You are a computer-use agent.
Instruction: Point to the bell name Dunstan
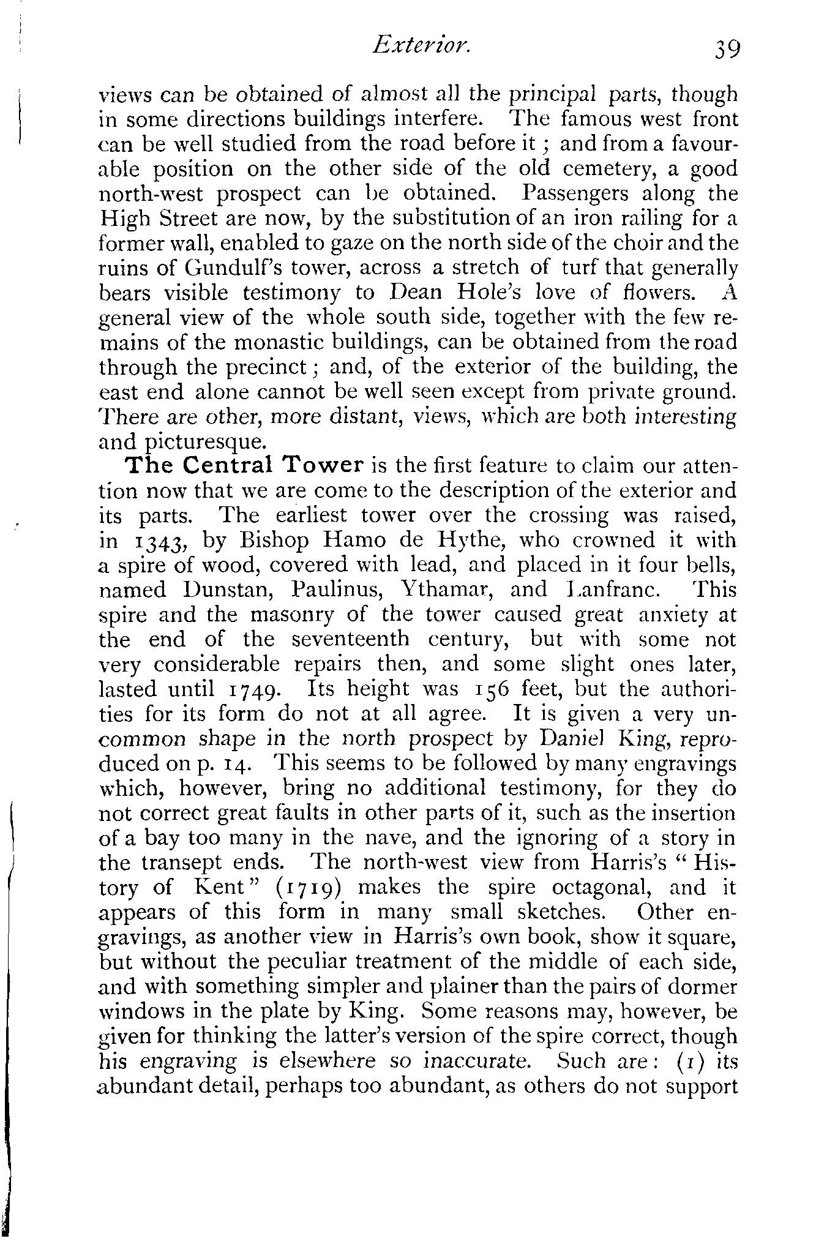pos(225,590)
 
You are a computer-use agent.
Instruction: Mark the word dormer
pos(705,987)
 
